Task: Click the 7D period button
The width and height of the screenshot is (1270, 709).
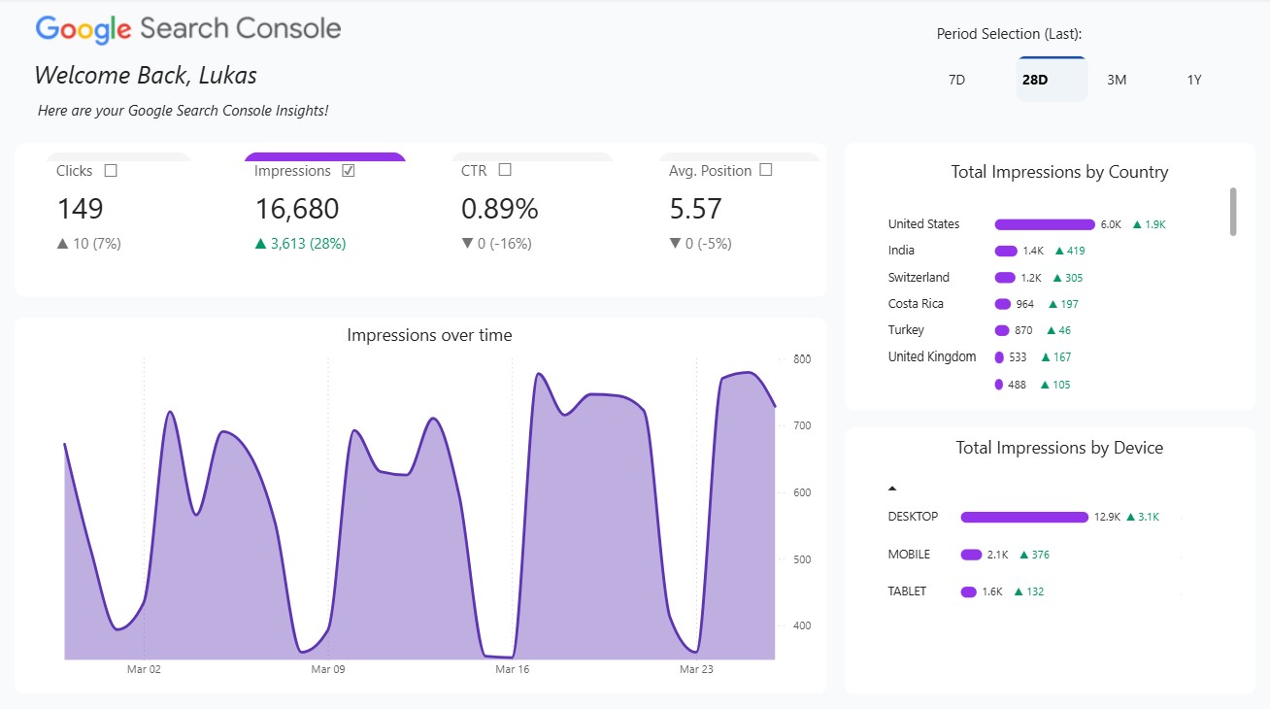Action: tap(956, 80)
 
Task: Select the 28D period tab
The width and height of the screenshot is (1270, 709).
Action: tap(1035, 80)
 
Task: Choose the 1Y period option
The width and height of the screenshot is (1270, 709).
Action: tap(1194, 80)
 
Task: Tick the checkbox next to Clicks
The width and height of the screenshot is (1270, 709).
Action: tap(111, 171)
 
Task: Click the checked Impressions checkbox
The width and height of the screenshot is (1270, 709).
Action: tap(349, 171)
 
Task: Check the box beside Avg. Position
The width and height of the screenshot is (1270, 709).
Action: tap(766, 170)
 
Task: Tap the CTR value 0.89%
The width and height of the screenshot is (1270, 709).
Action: tap(499, 209)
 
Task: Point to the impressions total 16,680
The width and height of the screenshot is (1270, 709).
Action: tap(297, 209)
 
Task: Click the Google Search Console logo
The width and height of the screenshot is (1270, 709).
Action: tap(188, 29)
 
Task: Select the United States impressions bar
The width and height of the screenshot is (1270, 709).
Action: tap(1044, 224)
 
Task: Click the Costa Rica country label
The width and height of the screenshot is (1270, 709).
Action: tap(916, 304)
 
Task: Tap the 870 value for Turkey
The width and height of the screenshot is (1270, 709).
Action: tap(1023, 330)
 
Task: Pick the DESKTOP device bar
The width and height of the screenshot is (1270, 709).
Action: tap(1023, 518)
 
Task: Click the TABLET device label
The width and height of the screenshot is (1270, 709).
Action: tap(907, 591)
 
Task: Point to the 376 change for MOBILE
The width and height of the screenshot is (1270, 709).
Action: tap(1040, 555)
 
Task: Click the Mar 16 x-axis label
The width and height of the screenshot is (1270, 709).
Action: tap(512, 669)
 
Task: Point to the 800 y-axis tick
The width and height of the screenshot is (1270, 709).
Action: tap(802, 359)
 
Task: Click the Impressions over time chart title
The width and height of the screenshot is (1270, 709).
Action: tap(429, 335)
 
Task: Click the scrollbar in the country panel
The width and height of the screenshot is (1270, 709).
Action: tap(1233, 211)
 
